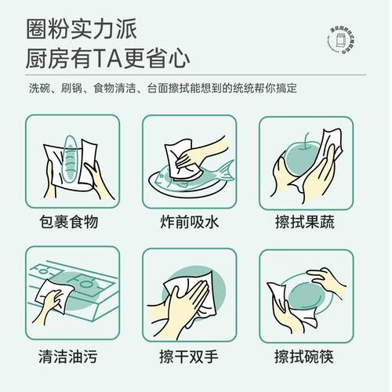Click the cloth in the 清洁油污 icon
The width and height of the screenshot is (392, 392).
tap(59, 297)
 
